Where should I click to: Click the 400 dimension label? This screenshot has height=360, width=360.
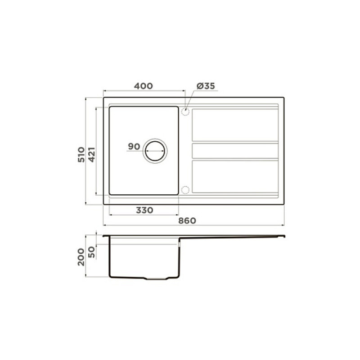(143, 86)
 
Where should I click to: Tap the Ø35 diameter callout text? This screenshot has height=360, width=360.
(206, 86)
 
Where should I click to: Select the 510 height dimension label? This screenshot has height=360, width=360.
(81, 155)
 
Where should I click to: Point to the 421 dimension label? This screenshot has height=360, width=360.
(92, 155)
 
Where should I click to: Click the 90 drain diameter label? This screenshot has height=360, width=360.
(134, 146)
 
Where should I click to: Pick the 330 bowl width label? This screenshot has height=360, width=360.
(144, 210)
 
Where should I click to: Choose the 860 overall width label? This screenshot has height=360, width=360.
(187, 220)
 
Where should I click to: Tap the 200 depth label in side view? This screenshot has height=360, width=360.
(81, 257)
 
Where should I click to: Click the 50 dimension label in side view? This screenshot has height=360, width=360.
(91, 252)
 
